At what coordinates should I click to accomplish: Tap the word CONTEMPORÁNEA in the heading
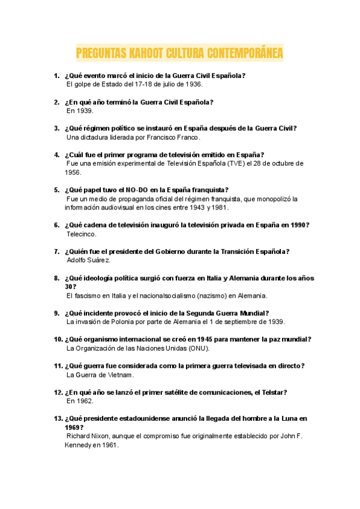(x=245, y=54)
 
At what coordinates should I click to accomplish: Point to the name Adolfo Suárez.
(x=89, y=261)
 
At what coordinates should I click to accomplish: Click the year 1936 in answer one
(x=193, y=85)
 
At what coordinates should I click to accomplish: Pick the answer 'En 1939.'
(x=80, y=111)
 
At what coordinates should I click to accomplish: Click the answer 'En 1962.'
(x=80, y=401)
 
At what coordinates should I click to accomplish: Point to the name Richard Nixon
(x=88, y=436)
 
